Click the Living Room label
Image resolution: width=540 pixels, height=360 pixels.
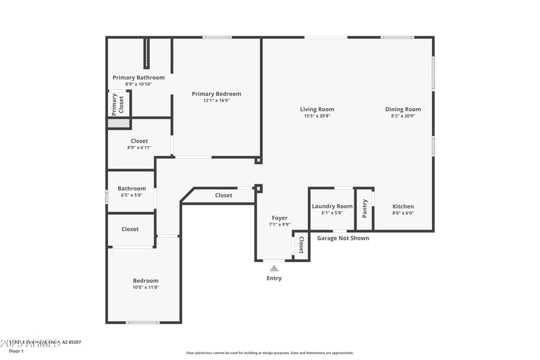[x=317, y=109]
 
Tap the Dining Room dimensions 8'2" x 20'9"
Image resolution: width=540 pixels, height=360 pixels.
[x=403, y=115]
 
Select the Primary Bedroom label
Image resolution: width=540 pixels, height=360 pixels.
[x=216, y=94]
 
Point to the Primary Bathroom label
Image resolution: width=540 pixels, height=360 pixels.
[x=138, y=78]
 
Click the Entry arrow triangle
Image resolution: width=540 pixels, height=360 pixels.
[x=274, y=268]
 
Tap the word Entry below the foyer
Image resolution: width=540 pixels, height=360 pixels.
[x=274, y=278]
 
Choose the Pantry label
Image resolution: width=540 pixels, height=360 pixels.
[x=365, y=208]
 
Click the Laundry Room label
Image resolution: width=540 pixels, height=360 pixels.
[x=332, y=206]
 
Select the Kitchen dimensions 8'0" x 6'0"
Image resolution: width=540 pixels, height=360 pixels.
[x=403, y=213]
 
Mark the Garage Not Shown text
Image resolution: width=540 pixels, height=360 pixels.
[x=343, y=238]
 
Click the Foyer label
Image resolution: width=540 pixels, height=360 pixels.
[x=279, y=218]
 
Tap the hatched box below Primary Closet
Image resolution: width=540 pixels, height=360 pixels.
[x=119, y=124]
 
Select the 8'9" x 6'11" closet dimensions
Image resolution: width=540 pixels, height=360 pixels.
[x=139, y=147]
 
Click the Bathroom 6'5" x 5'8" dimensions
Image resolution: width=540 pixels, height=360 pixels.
[x=132, y=195]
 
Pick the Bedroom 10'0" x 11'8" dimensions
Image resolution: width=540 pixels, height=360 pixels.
[x=145, y=287]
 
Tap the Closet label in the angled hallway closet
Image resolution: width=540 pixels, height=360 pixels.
[x=223, y=195]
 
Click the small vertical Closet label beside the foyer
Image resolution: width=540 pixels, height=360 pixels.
[x=301, y=245]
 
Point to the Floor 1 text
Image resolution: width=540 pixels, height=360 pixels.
[x=16, y=351]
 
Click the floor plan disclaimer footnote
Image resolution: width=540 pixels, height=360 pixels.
[x=269, y=353]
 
